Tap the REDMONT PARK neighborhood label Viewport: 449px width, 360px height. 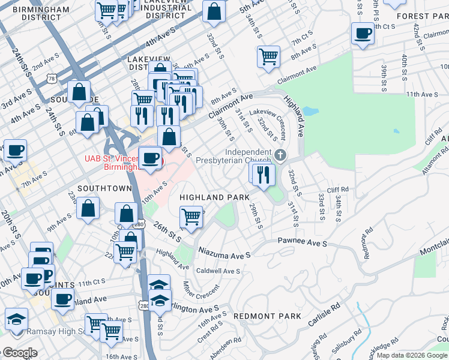click(x=267, y=316)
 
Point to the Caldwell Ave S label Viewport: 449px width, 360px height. click(x=218, y=271)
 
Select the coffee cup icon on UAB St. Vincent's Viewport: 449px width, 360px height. click(x=150, y=158)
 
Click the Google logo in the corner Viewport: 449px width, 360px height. click(x=20, y=353)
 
